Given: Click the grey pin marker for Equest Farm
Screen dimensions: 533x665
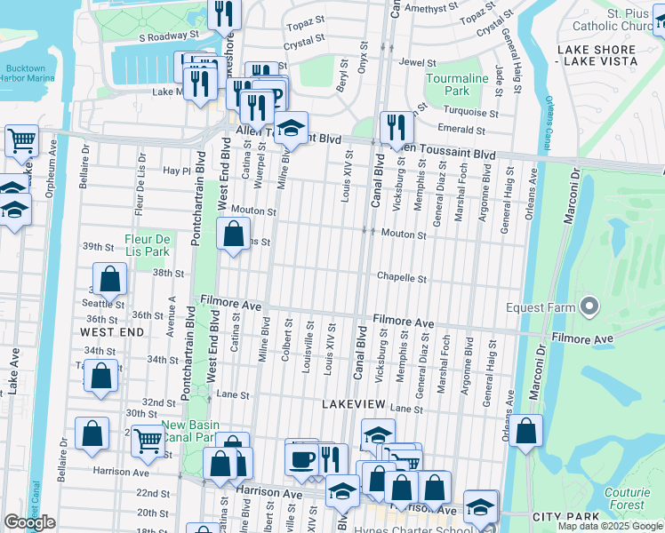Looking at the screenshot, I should pyautogui.click(x=589, y=307).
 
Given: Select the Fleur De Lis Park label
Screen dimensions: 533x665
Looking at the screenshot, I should pyautogui.click(x=147, y=245).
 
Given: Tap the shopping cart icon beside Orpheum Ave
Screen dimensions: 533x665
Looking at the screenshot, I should pyautogui.click(x=21, y=139).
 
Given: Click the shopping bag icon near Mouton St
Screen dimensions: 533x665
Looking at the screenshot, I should pyautogui.click(x=233, y=235).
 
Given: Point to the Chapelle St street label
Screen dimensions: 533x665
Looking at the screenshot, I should pyautogui.click(x=401, y=278).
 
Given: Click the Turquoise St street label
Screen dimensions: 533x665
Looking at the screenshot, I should pyautogui.click(x=472, y=113).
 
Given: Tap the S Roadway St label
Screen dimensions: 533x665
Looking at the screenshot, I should pyautogui.click(x=168, y=36).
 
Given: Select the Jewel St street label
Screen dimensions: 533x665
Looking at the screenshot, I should pyautogui.click(x=417, y=63).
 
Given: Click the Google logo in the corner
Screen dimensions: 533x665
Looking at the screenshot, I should pyautogui.click(x=29, y=522).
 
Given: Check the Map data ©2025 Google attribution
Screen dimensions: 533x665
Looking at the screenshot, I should pyautogui.click(x=609, y=526).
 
